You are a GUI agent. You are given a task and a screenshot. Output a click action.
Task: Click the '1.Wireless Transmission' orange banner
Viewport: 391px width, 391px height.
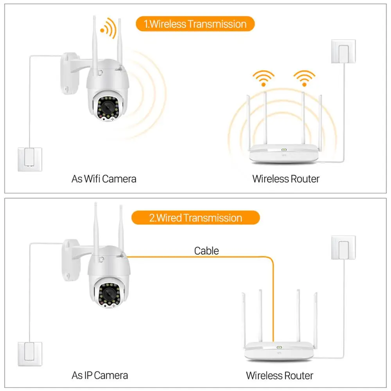195,24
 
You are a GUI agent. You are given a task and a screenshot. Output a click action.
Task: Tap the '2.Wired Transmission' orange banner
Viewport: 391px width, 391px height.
195,218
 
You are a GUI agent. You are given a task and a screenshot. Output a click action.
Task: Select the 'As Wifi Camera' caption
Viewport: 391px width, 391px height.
104,179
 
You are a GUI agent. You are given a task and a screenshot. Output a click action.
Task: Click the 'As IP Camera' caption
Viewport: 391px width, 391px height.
100,375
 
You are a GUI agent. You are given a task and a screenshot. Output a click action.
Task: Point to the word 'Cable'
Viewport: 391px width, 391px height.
206,251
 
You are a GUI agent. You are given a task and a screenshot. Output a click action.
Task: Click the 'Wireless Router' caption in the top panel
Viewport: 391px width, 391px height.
286,179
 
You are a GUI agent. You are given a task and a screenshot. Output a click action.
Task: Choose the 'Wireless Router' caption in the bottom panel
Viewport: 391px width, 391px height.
280,376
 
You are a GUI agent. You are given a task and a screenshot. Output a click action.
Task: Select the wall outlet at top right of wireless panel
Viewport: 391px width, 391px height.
343,51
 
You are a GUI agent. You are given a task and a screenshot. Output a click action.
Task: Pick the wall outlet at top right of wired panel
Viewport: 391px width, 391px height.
343,247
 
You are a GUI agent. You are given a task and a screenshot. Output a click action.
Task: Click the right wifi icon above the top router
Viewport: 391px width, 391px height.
304,77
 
